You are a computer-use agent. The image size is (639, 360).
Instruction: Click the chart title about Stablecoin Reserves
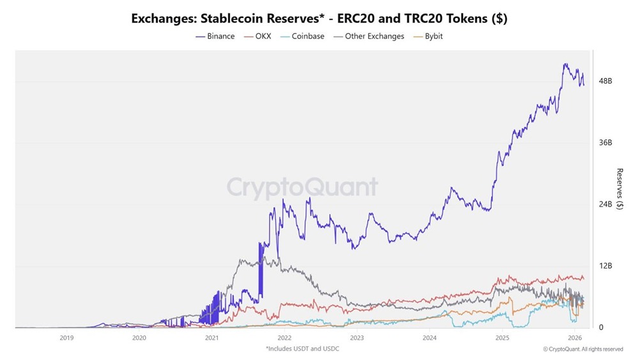click(x=319, y=19)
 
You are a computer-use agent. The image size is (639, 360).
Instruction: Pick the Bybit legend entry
click(x=428, y=36)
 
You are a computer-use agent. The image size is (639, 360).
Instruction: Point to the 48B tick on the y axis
click(x=605, y=82)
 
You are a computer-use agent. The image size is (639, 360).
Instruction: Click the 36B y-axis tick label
click(x=605, y=143)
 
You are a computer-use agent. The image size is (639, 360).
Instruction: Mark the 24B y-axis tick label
click(x=605, y=205)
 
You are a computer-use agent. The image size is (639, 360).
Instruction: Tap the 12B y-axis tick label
click(x=605, y=266)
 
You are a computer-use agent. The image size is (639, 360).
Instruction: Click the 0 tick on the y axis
click(x=601, y=327)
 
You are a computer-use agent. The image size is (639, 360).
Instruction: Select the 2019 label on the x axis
click(x=66, y=338)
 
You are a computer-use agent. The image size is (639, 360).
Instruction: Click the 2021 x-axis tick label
click(x=212, y=338)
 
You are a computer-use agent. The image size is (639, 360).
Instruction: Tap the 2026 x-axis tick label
click(x=574, y=338)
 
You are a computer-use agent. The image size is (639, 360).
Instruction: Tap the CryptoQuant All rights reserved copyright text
click(x=583, y=349)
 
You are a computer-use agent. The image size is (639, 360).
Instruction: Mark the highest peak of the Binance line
click(x=565, y=64)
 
